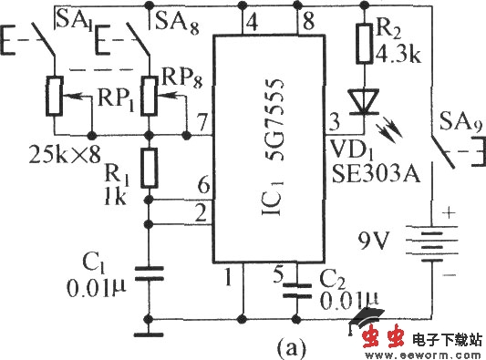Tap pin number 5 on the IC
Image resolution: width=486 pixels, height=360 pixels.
pos(278,270)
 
